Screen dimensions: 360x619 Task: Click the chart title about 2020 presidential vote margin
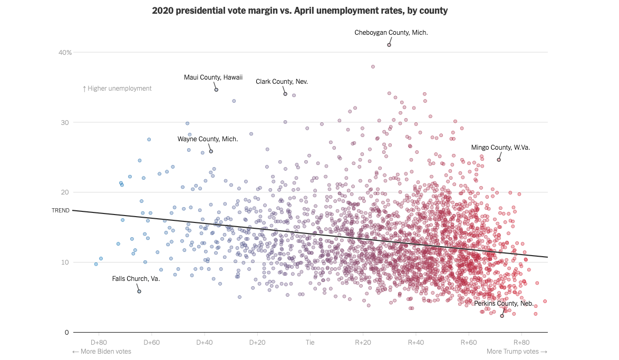pos(300,11)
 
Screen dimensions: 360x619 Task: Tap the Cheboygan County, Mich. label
pos(391,33)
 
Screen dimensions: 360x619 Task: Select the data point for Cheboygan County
pos(389,45)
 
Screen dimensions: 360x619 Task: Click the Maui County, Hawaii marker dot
pos(216,90)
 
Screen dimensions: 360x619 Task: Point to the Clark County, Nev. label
pos(282,82)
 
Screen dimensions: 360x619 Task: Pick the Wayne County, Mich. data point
pos(211,151)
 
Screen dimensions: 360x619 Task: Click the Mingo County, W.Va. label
pos(500,148)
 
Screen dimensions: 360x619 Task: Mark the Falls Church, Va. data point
pos(139,291)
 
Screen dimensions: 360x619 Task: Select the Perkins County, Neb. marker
pos(502,316)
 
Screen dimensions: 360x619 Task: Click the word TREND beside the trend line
pos(61,210)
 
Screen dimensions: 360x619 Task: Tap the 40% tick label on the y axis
pos(65,52)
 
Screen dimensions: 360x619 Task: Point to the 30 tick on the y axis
pos(64,122)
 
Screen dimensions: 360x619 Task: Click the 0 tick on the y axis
pos(66,332)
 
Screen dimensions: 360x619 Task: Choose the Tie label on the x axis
pos(310,342)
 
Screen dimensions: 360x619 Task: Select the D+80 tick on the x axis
pos(99,342)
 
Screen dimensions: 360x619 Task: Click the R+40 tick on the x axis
pos(415,342)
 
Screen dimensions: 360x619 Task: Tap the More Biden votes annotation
pos(102,352)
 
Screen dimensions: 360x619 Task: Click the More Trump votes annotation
pos(517,352)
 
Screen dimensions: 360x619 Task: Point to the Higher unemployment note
pos(117,89)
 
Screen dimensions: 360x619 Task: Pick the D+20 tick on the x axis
pos(257,342)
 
